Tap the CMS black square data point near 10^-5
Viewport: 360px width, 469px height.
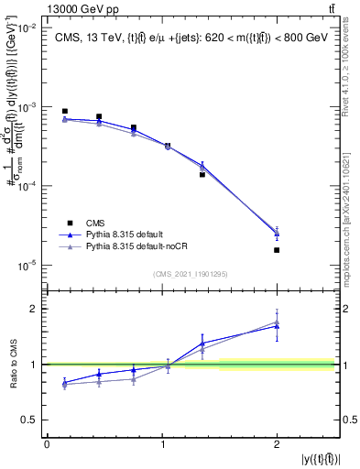[x=277, y=250]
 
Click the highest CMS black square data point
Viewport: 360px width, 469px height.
[x=64, y=112]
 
